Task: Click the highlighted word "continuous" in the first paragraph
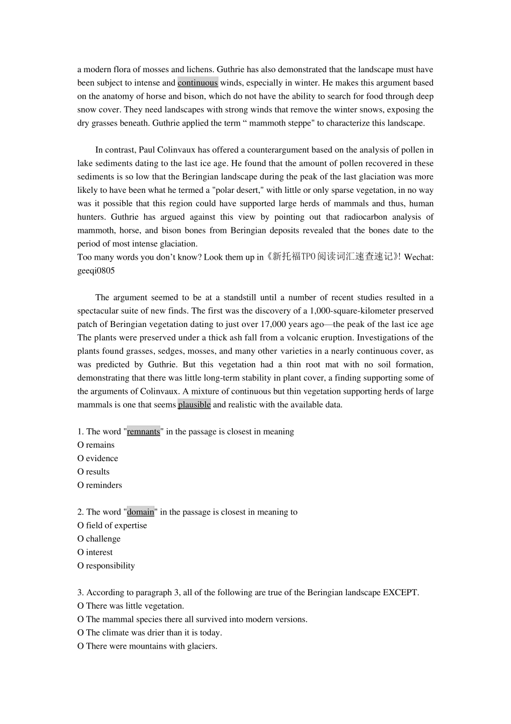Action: (x=197, y=83)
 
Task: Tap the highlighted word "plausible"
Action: (x=194, y=405)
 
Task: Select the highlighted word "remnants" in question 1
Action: (x=144, y=431)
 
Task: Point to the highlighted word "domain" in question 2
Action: (x=140, y=512)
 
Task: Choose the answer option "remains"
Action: (x=100, y=445)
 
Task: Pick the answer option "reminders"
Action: (x=103, y=485)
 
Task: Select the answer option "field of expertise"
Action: (x=116, y=525)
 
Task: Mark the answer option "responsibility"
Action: (x=110, y=566)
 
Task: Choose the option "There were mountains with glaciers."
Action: (x=151, y=646)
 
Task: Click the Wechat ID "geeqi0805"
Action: (x=96, y=270)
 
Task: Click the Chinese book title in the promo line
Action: (x=333, y=257)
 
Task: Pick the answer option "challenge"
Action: (x=103, y=539)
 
